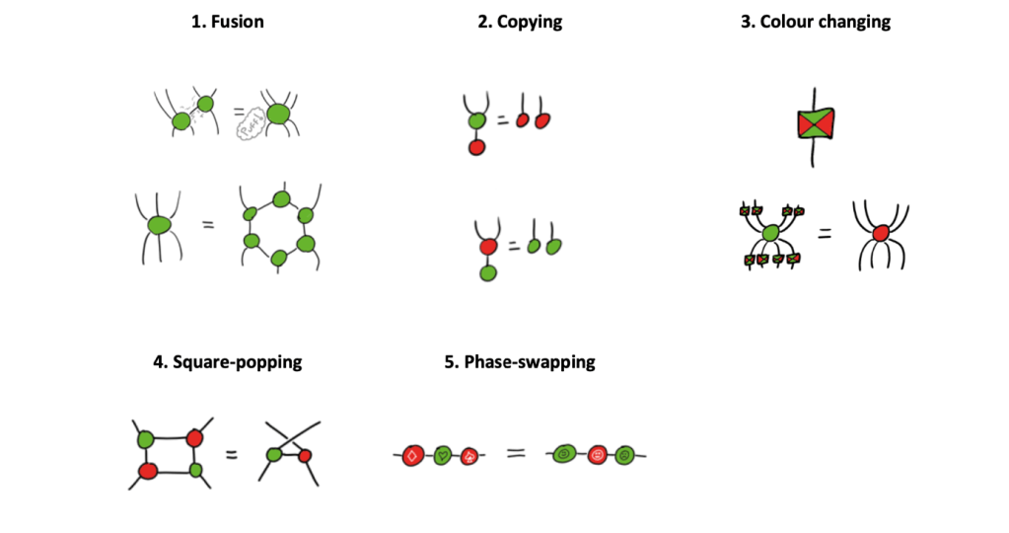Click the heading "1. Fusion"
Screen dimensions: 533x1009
pyautogui.click(x=227, y=21)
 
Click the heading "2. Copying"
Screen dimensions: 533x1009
pyautogui.click(x=521, y=21)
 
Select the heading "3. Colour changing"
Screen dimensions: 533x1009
pyautogui.click(x=815, y=21)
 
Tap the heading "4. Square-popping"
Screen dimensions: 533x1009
pyautogui.click(x=228, y=361)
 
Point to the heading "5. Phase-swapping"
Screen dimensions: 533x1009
pyautogui.click(x=520, y=361)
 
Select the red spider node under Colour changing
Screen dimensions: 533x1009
pyautogui.click(x=881, y=232)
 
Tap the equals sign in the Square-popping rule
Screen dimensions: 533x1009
pyautogui.click(x=230, y=456)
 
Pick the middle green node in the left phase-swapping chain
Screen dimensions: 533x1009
pyautogui.click(x=443, y=455)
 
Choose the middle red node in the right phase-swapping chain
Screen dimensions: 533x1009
pyautogui.click(x=596, y=456)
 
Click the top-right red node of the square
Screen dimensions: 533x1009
pyautogui.click(x=194, y=437)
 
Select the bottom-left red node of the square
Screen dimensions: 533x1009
pyautogui.click(x=149, y=471)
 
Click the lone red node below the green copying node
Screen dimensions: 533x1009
pyautogui.click(x=476, y=147)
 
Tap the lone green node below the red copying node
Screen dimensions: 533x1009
pyautogui.click(x=487, y=271)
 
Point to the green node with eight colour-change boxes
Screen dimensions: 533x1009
pyautogui.click(x=771, y=234)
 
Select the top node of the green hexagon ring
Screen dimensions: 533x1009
pyautogui.click(x=281, y=200)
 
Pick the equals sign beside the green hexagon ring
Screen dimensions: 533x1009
pyautogui.click(x=208, y=225)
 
